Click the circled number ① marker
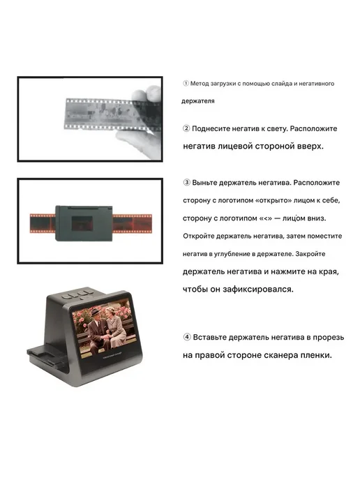186,83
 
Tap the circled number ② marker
186,128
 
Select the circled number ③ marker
186,183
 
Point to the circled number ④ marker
187,338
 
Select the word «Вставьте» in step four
210,338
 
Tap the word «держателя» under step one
197,101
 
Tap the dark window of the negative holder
82,223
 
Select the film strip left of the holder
43,223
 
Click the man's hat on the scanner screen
96,313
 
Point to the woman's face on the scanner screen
110,313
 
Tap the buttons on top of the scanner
77,294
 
